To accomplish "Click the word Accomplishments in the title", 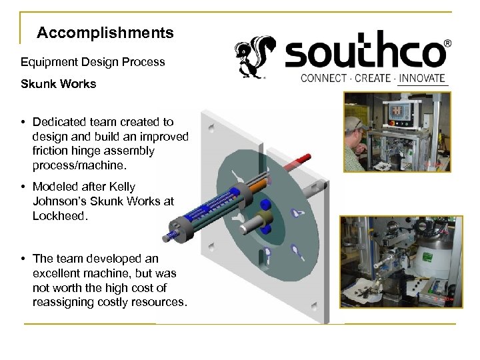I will (x=105, y=32).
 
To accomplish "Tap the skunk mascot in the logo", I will (x=252, y=58).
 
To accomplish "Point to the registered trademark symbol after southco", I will (x=447, y=42).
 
